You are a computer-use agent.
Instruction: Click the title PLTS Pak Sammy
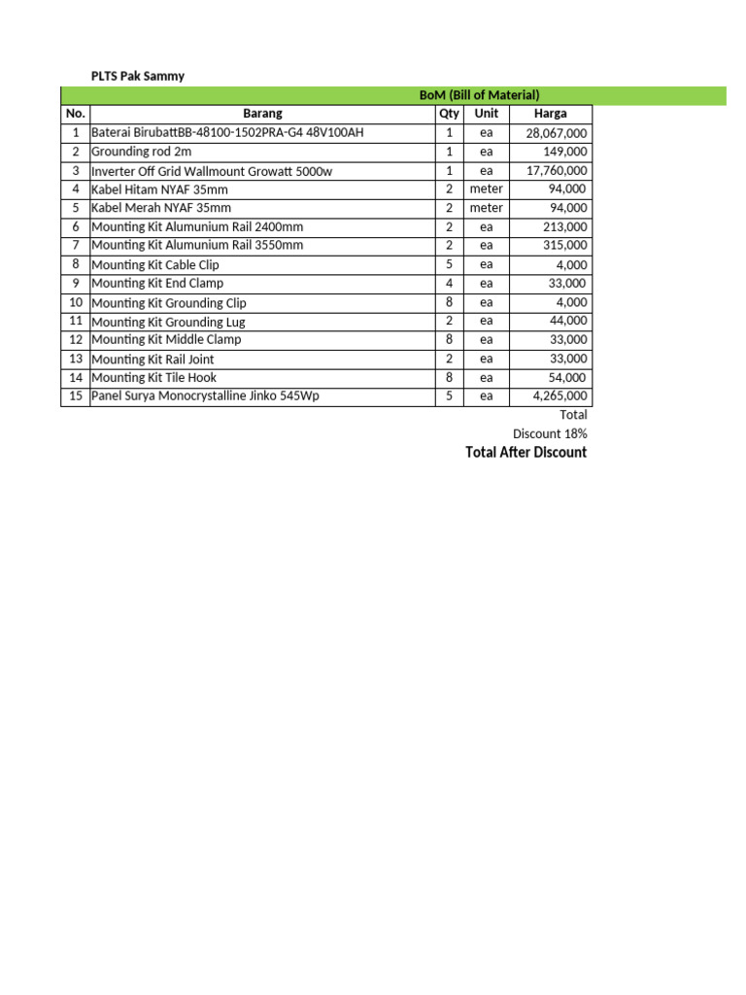click(137, 76)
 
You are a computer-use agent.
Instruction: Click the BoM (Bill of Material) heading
click(479, 95)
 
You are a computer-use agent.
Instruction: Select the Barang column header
click(262, 114)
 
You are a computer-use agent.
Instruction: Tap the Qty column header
click(449, 114)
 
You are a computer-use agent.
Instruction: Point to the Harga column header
click(551, 114)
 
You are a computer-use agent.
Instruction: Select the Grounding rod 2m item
click(142, 152)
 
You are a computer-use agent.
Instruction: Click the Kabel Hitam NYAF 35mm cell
click(159, 189)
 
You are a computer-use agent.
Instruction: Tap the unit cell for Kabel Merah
click(486, 208)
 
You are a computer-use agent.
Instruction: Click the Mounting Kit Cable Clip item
click(155, 264)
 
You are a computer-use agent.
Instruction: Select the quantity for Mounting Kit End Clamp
click(449, 284)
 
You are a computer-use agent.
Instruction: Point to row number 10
click(76, 302)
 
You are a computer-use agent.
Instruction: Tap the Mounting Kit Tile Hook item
click(153, 377)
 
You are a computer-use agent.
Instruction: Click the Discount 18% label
click(550, 433)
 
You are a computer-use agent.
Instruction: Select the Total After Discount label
click(526, 453)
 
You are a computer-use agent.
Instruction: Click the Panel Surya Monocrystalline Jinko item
click(205, 396)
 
